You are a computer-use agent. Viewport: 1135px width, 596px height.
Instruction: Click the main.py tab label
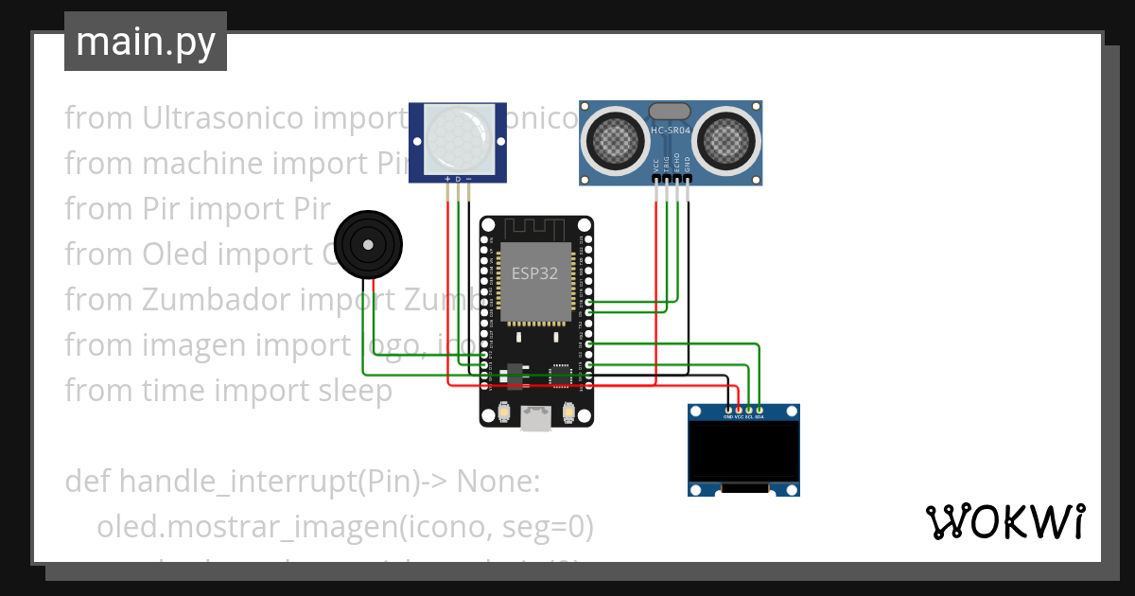pyautogui.click(x=145, y=42)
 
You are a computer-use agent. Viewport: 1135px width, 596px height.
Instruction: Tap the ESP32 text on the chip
pyautogui.click(x=534, y=273)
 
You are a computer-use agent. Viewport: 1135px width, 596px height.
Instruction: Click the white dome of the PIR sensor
pyautogui.click(x=458, y=137)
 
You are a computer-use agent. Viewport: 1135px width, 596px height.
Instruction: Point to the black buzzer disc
pyautogui.click(x=368, y=245)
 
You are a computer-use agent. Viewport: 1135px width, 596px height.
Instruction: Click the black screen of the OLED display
pyautogui.click(x=742, y=451)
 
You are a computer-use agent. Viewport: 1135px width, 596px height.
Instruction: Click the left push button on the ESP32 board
pyautogui.click(x=503, y=412)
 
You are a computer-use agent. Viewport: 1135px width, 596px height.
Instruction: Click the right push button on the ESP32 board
pyautogui.click(x=569, y=412)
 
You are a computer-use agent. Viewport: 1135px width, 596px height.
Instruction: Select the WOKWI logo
pyautogui.click(x=1004, y=521)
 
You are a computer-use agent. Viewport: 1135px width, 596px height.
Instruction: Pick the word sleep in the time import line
pyautogui.click(x=357, y=391)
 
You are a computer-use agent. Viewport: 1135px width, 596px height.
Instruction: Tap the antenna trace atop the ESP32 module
pyautogui.click(x=535, y=228)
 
